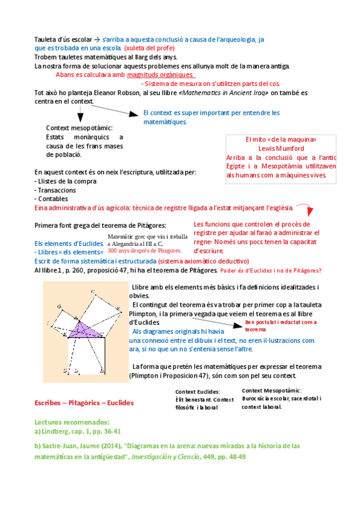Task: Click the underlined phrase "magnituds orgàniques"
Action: click(x=160, y=75)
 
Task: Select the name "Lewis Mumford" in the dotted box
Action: click(x=281, y=149)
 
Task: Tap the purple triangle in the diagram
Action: click(x=86, y=330)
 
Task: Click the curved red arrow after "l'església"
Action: click(x=307, y=208)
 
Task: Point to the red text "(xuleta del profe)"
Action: click(x=149, y=48)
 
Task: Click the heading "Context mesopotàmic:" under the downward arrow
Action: click(x=79, y=128)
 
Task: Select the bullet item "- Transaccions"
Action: click(x=55, y=190)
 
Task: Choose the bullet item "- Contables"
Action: click(x=51, y=198)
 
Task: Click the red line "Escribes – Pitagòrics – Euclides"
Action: click(x=84, y=403)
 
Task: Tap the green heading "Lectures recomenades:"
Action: click(x=72, y=422)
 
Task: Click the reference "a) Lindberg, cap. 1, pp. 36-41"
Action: click(x=78, y=431)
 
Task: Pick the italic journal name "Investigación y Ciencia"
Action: click(x=166, y=456)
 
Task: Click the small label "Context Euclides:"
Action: click(x=198, y=392)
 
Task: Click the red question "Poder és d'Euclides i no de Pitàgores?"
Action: click(x=270, y=271)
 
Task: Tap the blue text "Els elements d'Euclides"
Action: click(x=69, y=244)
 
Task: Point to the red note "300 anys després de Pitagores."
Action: click(x=145, y=250)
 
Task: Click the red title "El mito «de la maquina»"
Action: click(x=281, y=140)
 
